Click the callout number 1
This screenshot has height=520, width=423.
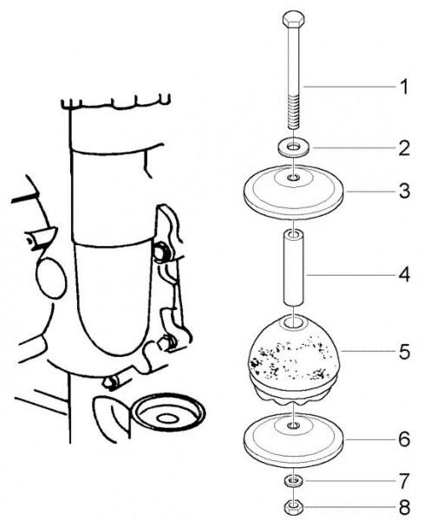(404, 87)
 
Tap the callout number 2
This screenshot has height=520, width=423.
(405, 148)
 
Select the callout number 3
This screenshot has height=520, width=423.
(405, 191)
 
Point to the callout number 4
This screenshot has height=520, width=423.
(405, 275)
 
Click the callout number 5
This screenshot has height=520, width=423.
(405, 352)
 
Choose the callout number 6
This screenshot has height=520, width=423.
(405, 439)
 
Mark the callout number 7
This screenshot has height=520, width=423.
(405, 481)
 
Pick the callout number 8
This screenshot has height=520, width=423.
(405, 507)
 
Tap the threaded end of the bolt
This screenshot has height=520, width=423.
(294, 112)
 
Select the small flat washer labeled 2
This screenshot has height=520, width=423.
(294, 147)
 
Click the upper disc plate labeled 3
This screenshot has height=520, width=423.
(294, 192)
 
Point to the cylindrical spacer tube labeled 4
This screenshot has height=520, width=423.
(294, 269)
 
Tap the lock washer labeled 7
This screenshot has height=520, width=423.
(293, 481)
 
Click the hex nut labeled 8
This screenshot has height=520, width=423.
(294, 507)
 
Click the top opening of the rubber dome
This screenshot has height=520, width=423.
(294, 322)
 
